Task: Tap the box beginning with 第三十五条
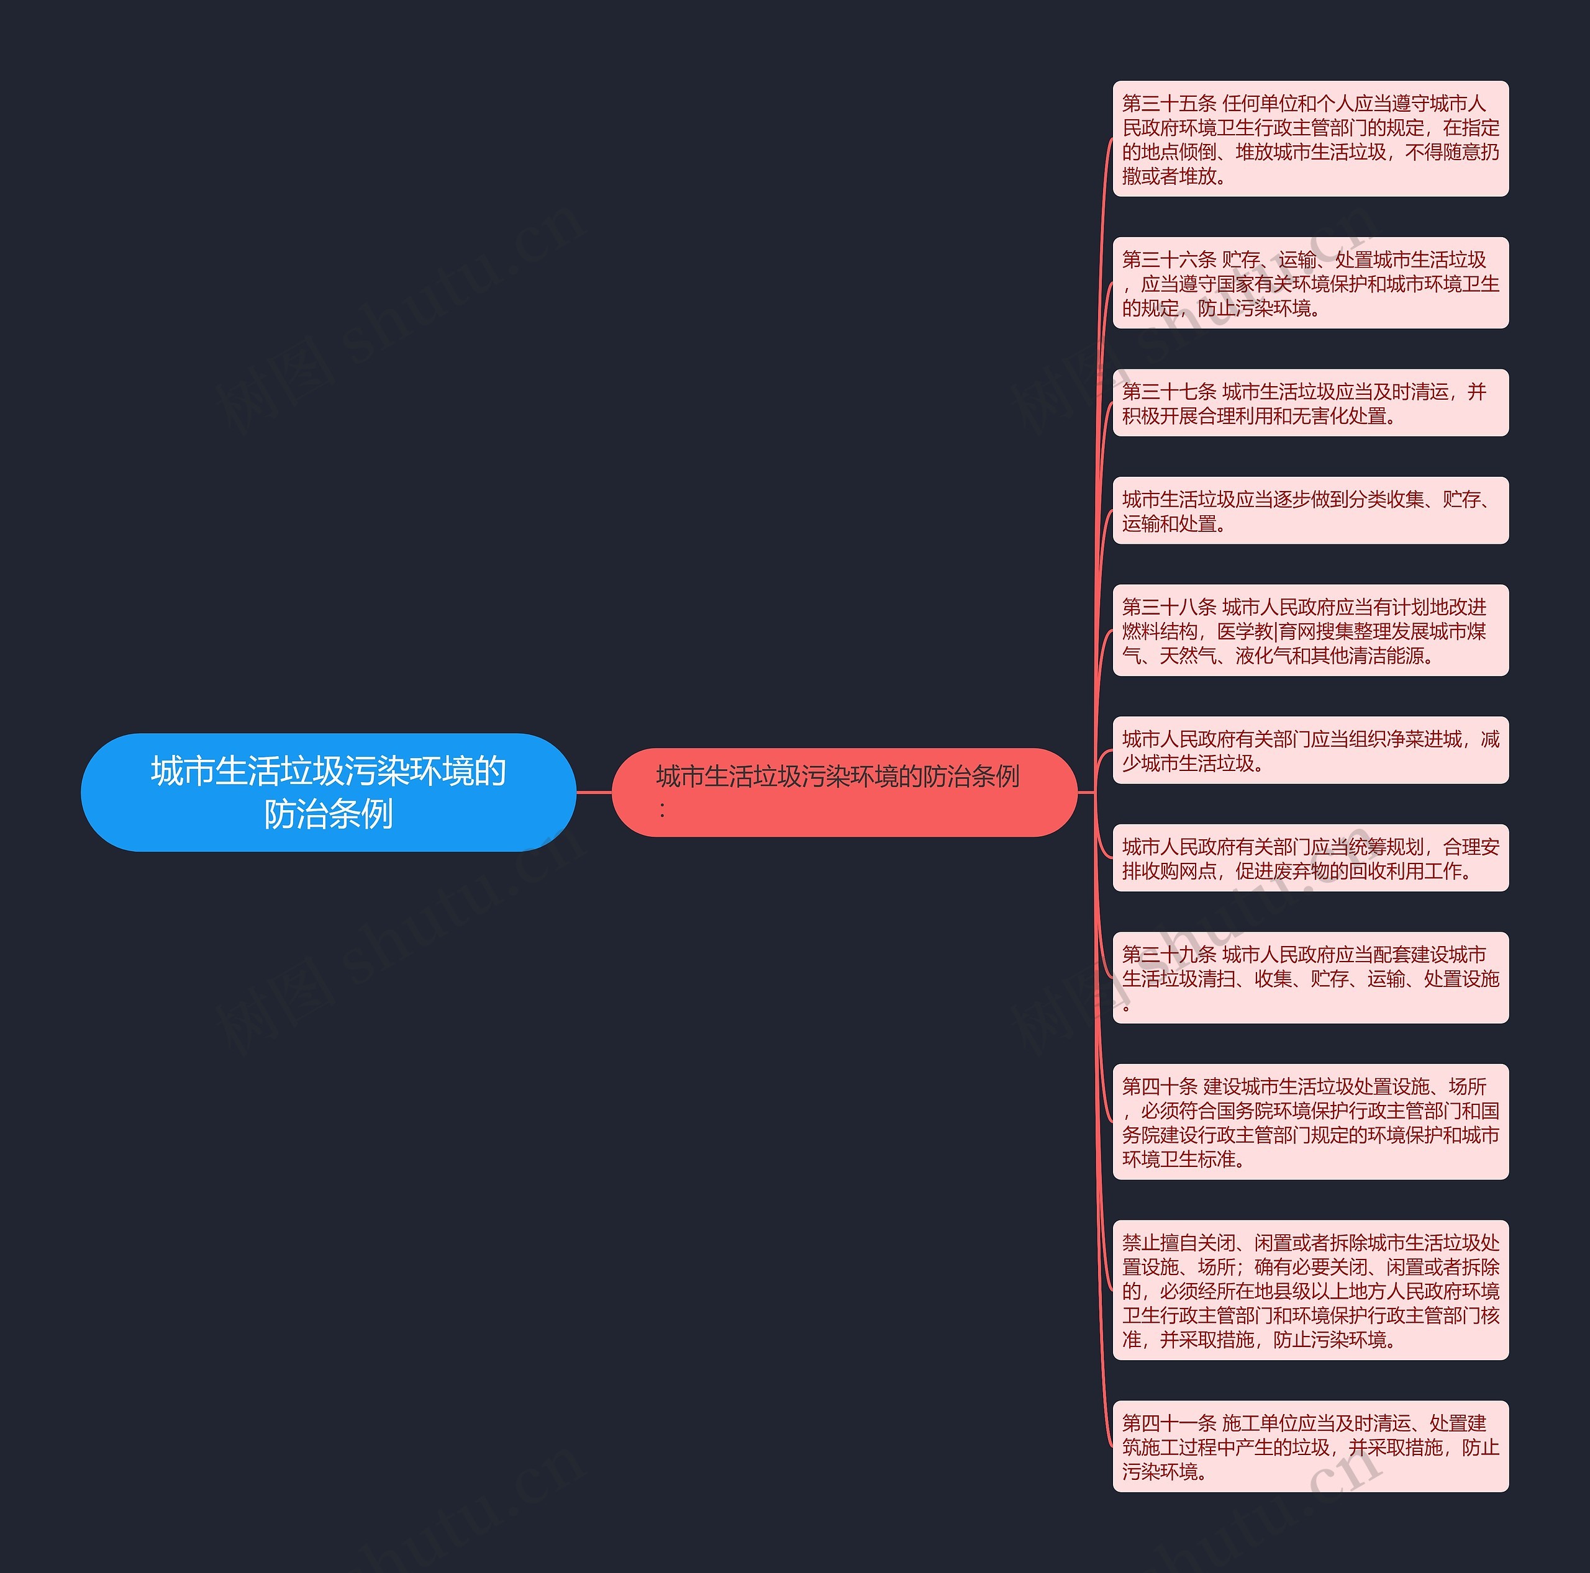click(1310, 139)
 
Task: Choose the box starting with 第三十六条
click(1310, 283)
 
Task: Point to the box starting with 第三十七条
click(1310, 403)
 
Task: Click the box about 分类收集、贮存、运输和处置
click(1310, 510)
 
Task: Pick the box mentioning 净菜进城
click(1310, 750)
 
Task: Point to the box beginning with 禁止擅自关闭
click(1310, 1290)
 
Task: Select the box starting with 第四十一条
click(1310, 1446)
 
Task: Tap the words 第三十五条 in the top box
click(1169, 104)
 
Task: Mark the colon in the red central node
click(661, 809)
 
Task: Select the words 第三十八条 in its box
click(1169, 607)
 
